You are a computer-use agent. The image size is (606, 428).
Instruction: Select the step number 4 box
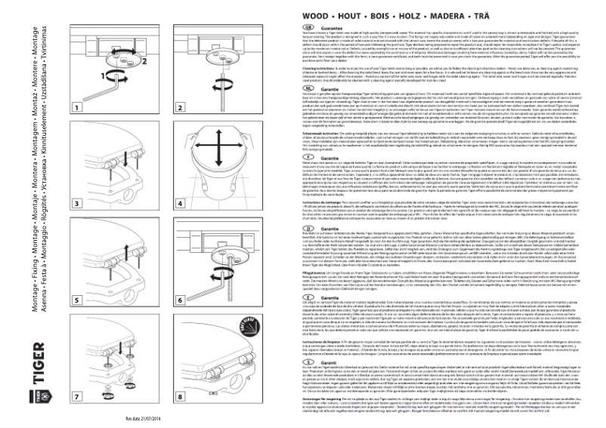[x=181, y=205]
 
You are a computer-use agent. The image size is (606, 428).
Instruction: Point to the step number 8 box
[x=181, y=396]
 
